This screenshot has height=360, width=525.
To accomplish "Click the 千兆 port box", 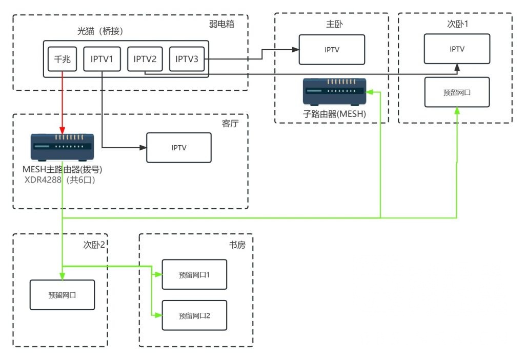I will click(x=63, y=59).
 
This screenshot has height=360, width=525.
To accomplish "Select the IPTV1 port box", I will click(x=102, y=59).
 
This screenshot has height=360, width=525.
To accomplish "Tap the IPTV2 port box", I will click(x=145, y=59).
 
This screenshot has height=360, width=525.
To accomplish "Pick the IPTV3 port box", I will click(x=187, y=59).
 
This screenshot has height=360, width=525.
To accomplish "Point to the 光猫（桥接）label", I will click(x=100, y=31).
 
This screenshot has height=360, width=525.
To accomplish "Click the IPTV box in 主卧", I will click(x=332, y=50).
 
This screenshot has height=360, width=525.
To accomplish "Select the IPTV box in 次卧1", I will click(x=457, y=49).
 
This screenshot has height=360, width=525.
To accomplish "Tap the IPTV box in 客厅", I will click(x=179, y=148).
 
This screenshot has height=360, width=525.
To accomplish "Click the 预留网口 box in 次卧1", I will click(x=457, y=92).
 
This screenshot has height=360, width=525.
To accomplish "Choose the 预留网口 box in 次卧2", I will click(x=62, y=295).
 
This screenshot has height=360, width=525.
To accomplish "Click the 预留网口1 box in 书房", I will click(x=194, y=275).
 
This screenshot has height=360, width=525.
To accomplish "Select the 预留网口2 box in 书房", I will click(x=194, y=315).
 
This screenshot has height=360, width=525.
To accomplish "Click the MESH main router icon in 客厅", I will click(x=62, y=147).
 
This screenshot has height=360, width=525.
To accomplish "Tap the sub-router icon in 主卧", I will click(x=334, y=92).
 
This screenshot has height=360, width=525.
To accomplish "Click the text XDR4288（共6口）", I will click(x=60, y=180).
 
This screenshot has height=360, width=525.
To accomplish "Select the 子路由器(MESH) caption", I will click(x=334, y=114).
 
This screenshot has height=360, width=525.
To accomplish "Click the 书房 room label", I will click(x=237, y=245).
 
